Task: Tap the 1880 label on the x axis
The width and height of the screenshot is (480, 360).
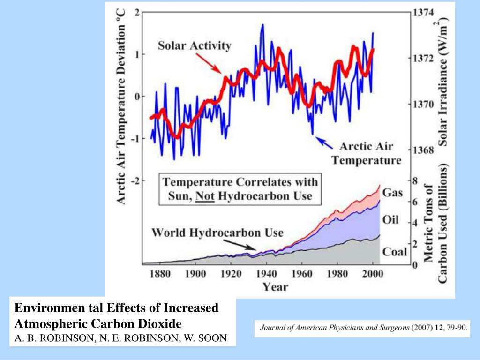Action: [159, 274]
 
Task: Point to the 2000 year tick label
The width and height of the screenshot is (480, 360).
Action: [372, 274]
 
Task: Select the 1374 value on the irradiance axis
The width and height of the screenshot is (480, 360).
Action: [423, 13]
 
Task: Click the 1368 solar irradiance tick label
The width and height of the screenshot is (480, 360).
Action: [423, 150]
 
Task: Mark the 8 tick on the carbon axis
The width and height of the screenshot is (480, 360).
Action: [415, 180]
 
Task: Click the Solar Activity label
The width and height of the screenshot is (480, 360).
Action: [195, 46]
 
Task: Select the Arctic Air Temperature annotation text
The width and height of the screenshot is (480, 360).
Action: [367, 153]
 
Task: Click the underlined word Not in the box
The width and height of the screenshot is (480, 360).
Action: [205, 196]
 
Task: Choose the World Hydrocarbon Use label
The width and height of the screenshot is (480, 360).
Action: [217, 232]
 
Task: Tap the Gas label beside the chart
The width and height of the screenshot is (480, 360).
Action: [393, 193]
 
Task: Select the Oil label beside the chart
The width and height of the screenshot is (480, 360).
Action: [391, 220]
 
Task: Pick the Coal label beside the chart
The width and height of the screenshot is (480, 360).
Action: [395, 252]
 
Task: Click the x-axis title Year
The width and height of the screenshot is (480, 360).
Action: [275, 286]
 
